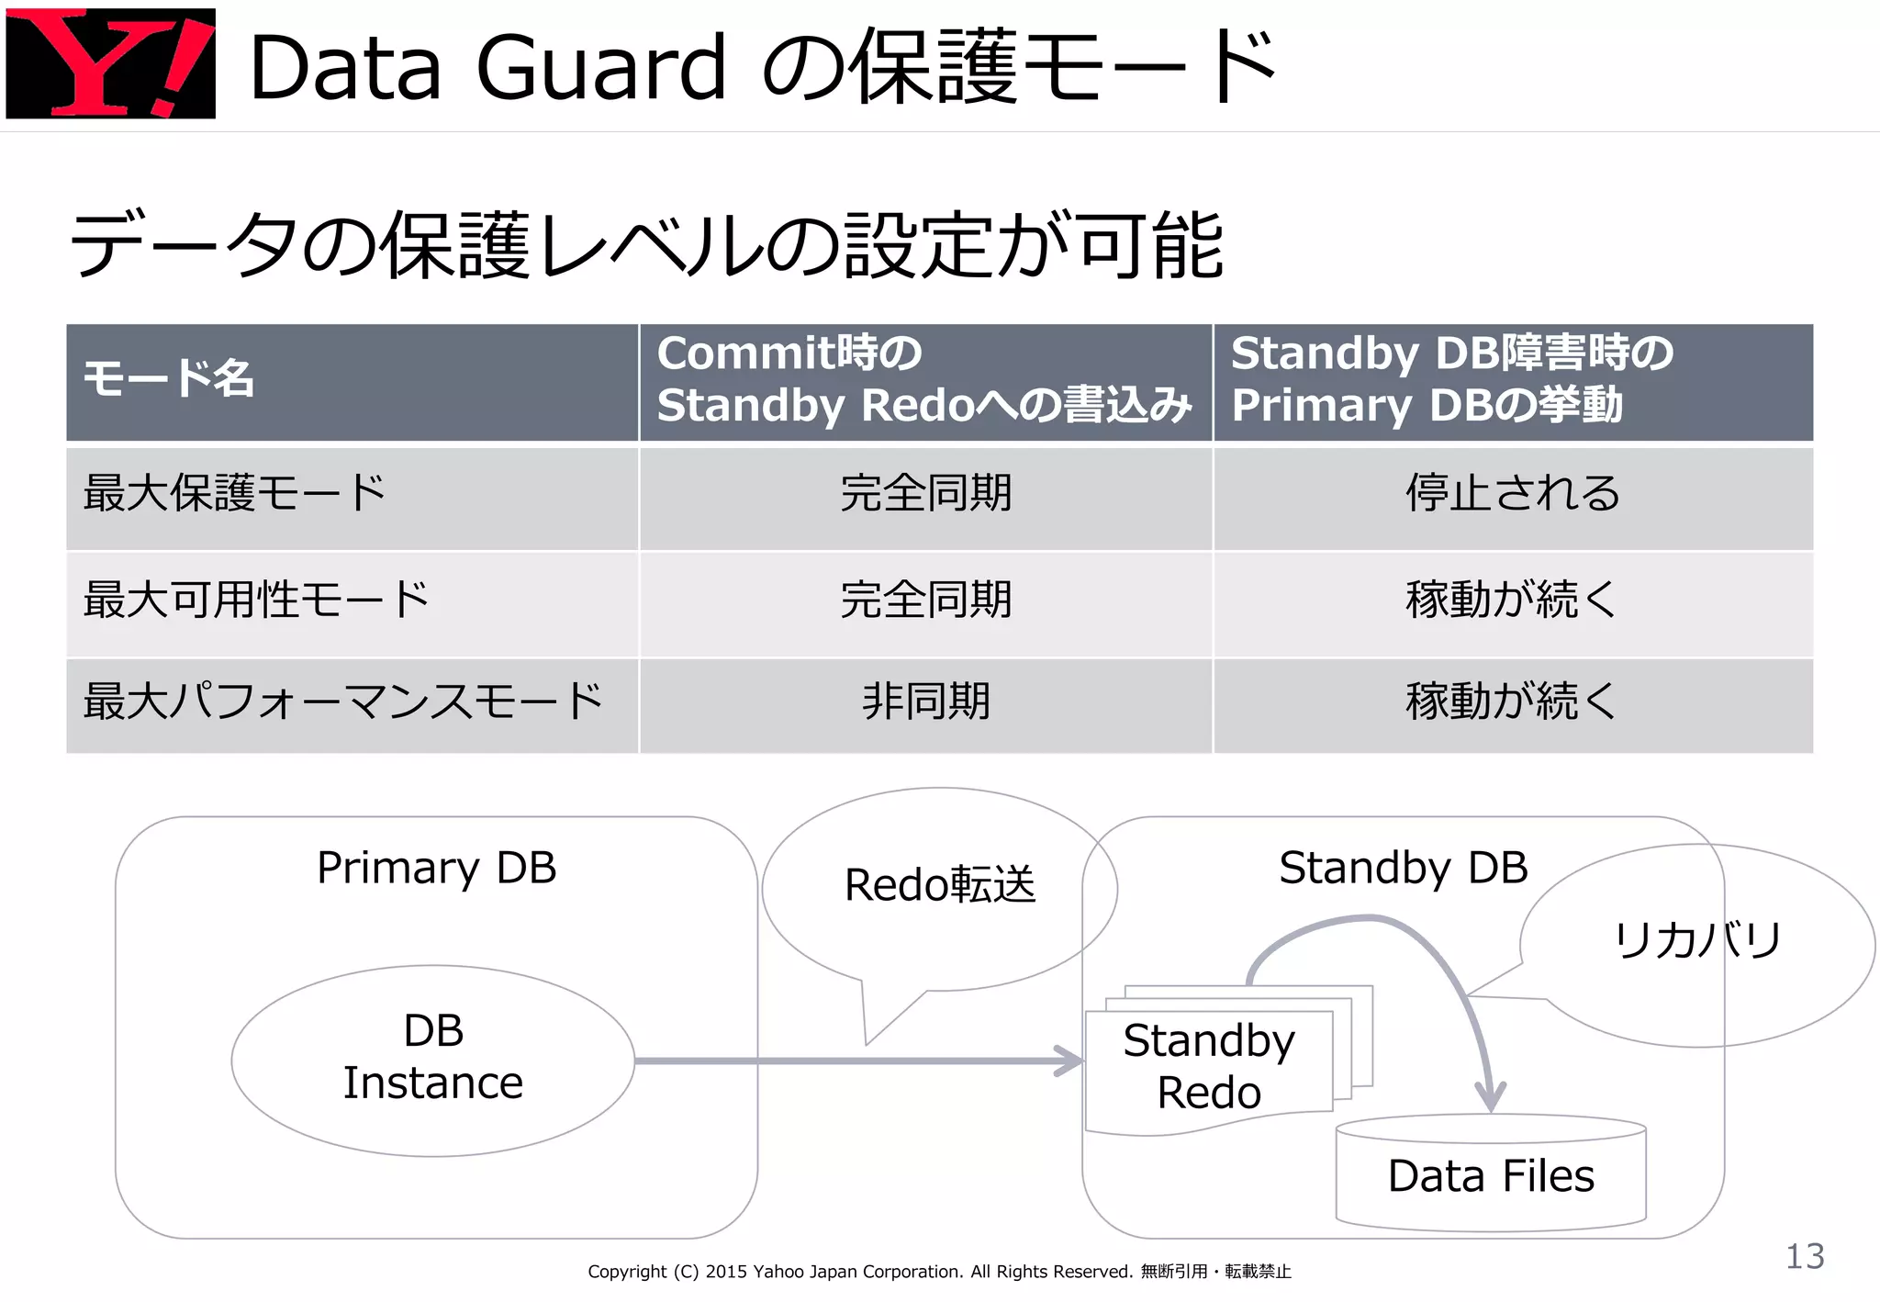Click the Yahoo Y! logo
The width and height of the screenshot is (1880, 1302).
[110, 62]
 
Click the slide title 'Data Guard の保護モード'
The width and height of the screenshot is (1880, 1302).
[762, 66]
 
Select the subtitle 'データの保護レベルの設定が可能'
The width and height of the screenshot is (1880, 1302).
[646, 245]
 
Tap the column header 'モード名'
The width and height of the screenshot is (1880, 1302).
[169, 378]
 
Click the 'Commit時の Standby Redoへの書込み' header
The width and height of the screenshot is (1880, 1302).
[924, 379]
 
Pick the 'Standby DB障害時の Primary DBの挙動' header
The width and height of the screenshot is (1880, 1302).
[1452, 379]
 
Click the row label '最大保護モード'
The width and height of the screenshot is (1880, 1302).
[234, 493]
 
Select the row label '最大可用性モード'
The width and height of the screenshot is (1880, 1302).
[256, 600]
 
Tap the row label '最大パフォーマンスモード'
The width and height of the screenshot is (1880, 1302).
[343, 702]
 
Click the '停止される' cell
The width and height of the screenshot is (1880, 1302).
[1512, 493]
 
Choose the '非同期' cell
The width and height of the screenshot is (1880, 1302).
[925, 702]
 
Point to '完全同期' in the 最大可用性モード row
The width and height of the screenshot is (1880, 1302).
[925, 600]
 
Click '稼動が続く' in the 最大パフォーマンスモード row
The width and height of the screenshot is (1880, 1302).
[1511, 702]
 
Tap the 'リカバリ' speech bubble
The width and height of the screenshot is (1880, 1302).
[1697, 941]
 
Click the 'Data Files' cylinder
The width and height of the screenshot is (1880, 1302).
[1491, 1174]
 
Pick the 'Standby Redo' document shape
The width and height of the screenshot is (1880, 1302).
[1208, 1067]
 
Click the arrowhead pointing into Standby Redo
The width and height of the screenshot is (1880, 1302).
[1070, 1061]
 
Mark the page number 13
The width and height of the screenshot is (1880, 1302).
[1804, 1256]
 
